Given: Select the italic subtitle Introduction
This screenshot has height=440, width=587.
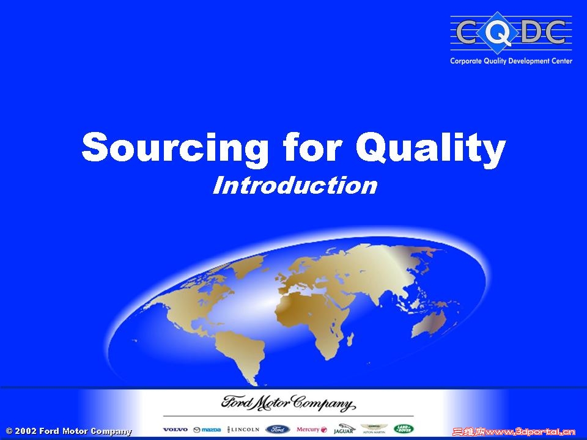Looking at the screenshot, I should (295, 185).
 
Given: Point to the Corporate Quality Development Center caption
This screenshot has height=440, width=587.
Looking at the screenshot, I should (511, 61).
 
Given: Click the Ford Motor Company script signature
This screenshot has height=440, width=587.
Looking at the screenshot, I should (287, 404).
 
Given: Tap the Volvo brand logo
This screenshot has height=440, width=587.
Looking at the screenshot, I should (175, 430).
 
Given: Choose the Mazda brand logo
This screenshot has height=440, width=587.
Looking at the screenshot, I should (207, 430).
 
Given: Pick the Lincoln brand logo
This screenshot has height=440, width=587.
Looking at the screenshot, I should (243, 430).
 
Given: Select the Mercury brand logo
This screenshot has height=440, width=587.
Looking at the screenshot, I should (312, 430).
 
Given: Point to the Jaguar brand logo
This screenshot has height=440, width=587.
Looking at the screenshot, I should (344, 429).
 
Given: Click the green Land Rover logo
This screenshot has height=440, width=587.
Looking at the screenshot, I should (404, 429).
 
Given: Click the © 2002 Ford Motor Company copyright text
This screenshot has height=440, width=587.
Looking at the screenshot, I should (68, 431).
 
